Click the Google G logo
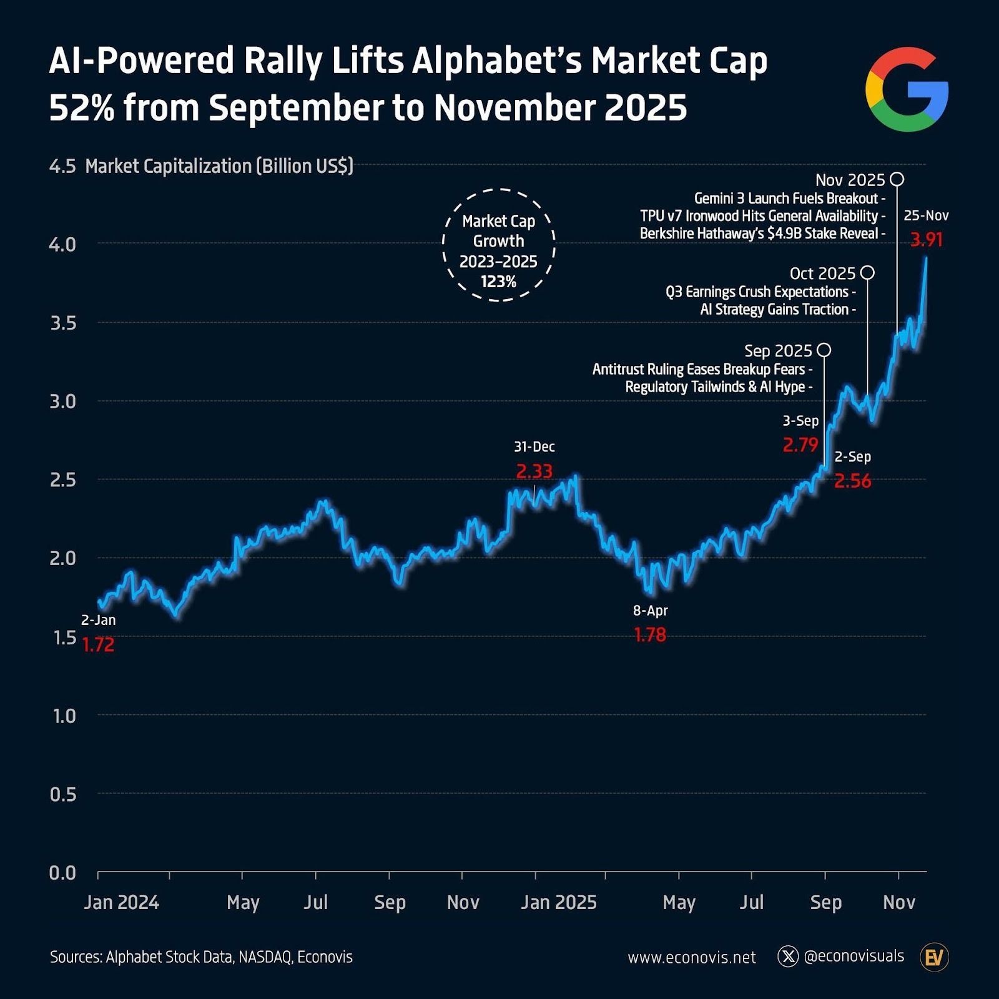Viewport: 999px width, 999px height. point(907,89)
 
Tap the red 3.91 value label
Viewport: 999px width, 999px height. point(926,240)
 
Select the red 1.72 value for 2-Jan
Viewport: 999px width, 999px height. point(99,645)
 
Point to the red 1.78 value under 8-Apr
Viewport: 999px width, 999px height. point(650,635)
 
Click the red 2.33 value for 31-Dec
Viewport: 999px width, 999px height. point(534,471)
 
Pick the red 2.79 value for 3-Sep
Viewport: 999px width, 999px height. point(800,445)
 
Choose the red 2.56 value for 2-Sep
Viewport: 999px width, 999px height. point(853,481)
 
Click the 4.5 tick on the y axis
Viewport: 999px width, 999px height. point(62,167)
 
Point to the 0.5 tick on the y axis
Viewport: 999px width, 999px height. point(62,794)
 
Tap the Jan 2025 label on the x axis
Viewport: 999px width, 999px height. point(559,902)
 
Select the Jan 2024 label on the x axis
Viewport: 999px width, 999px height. point(122,902)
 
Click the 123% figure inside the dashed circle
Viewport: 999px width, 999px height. point(498,282)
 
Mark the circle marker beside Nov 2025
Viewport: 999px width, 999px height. point(897,180)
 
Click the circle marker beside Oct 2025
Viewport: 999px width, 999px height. point(867,273)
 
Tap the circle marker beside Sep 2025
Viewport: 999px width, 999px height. point(824,350)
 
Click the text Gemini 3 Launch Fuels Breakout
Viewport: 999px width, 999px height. point(786,199)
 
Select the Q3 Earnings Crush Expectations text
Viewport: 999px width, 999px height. point(757,292)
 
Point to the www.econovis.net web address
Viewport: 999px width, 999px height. point(692,957)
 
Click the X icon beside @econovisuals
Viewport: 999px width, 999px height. point(788,957)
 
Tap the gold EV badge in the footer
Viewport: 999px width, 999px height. point(934,957)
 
